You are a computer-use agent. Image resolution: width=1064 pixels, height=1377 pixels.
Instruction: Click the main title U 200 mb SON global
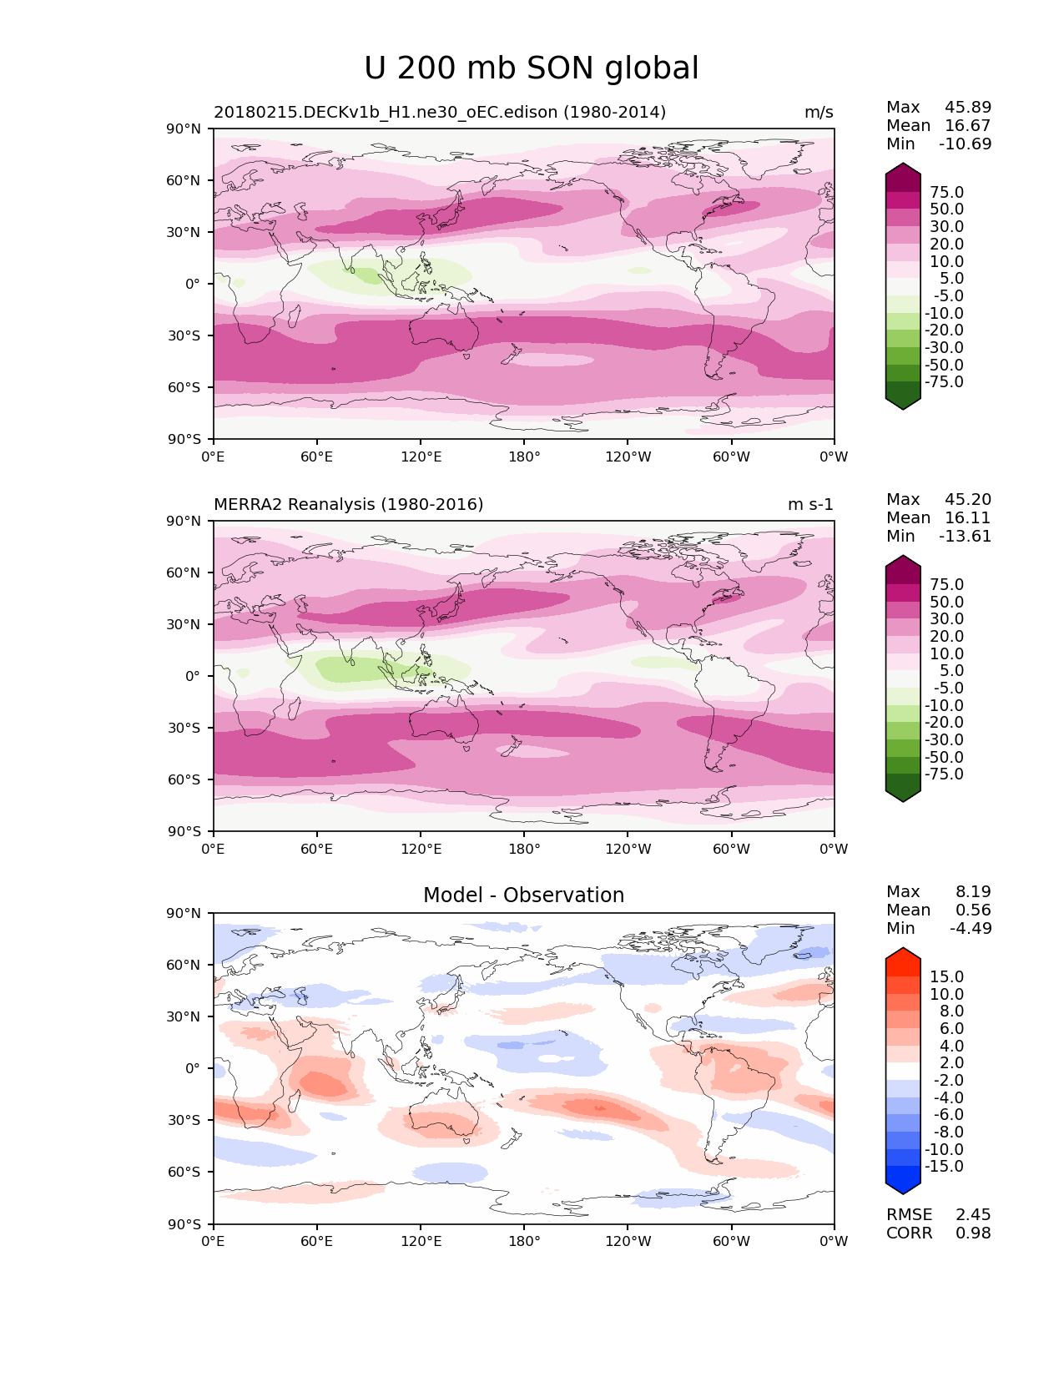[531, 68]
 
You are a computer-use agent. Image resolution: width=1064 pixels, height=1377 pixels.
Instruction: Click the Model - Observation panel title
[523, 895]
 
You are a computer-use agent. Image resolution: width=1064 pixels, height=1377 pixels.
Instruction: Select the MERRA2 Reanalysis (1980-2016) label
[348, 505]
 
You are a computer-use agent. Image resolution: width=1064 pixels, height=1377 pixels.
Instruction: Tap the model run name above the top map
[439, 113]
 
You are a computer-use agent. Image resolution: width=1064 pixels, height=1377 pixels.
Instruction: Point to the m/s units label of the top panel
[818, 113]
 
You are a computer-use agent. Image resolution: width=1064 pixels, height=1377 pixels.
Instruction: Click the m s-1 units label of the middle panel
[809, 505]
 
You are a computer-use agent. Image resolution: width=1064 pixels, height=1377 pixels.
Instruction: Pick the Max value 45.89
[968, 108]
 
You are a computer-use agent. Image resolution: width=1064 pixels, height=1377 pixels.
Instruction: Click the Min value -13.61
[966, 537]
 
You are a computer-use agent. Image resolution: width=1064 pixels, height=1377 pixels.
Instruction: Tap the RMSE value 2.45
[973, 1215]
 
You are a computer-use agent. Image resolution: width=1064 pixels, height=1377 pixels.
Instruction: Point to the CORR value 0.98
[973, 1233]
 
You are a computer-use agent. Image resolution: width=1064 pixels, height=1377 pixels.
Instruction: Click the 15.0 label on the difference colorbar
[946, 977]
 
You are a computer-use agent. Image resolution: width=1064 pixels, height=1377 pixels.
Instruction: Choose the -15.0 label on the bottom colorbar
[944, 1167]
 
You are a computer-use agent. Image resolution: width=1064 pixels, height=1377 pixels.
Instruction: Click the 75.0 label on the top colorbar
[946, 193]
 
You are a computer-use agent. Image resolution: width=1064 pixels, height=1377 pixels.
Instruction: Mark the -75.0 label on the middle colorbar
[944, 774]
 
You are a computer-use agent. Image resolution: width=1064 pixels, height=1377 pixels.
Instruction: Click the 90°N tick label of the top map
[184, 129]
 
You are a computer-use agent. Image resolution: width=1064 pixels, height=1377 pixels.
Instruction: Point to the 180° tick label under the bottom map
[524, 1242]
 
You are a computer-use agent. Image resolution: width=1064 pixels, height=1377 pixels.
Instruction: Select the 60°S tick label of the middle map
[184, 779]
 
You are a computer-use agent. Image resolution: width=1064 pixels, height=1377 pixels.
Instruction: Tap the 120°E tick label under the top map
[421, 457]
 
